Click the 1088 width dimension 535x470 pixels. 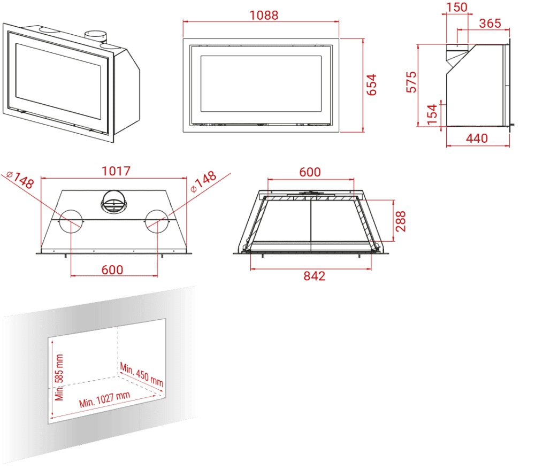(264, 16)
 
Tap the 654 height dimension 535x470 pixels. (371, 85)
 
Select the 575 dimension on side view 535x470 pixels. (411, 82)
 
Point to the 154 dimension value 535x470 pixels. (432, 114)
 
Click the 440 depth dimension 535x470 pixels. (477, 138)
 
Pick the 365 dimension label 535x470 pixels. (490, 23)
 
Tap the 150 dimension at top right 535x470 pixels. (456, 7)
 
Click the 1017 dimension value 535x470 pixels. (116, 171)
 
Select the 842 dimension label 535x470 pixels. (314, 276)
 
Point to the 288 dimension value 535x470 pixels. (401, 221)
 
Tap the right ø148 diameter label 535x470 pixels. (203, 181)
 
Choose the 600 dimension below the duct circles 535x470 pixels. (112, 270)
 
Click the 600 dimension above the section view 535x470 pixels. (310, 172)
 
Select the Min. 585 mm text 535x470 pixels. (59, 377)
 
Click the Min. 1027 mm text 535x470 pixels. (105, 399)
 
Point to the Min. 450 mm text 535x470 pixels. (142, 374)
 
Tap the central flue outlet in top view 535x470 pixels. (114, 202)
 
